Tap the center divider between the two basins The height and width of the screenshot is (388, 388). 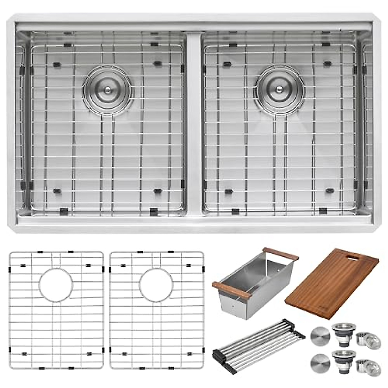coord(194,123)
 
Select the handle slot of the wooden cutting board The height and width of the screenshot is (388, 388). coord(351,257)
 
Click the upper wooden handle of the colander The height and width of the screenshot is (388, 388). coord(280,254)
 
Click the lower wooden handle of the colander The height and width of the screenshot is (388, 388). coord(231,290)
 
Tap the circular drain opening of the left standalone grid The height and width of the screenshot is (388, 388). coord(56,285)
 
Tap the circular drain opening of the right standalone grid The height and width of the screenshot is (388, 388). coord(156,285)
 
